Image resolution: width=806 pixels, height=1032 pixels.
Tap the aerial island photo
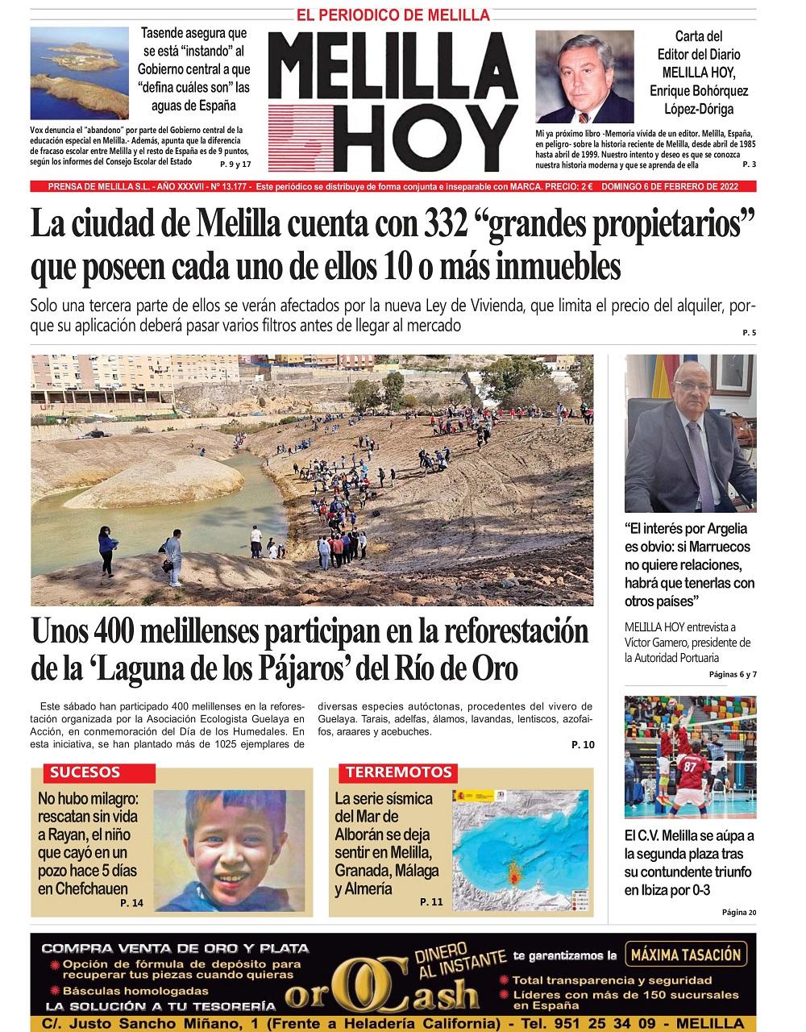(x=79, y=73)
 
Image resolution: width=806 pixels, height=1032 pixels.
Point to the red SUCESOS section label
(x=85, y=772)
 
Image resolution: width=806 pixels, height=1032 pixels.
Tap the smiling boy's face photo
(x=229, y=851)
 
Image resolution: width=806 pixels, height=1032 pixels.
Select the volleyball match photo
(x=691, y=756)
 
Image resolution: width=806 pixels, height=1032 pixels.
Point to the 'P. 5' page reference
(x=749, y=333)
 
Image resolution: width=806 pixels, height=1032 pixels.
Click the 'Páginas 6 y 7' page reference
(x=732, y=674)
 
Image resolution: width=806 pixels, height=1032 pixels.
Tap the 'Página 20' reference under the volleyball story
(x=740, y=913)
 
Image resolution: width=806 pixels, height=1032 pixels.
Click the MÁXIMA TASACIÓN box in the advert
(x=686, y=955)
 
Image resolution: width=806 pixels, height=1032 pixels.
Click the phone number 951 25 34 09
(x=623, y=1024)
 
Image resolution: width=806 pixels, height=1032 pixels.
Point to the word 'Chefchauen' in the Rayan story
(x=83, y=888)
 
